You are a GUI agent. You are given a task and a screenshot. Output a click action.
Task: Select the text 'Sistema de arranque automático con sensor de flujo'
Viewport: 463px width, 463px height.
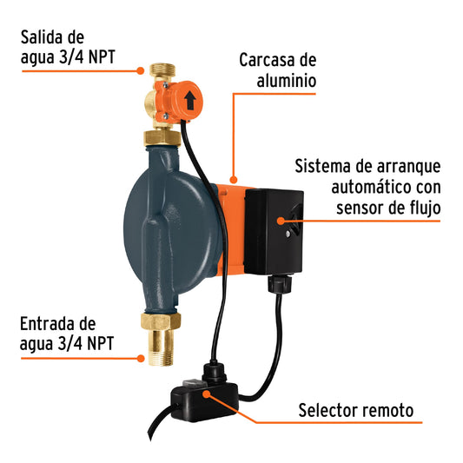coord(367,186)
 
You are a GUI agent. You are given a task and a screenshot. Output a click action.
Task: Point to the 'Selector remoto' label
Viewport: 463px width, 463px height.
coord(355,410)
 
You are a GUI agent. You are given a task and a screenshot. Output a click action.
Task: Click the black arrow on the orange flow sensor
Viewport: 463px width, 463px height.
coord(189,100)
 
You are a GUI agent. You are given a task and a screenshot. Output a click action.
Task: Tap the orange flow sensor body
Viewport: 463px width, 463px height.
coord(187,101)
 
